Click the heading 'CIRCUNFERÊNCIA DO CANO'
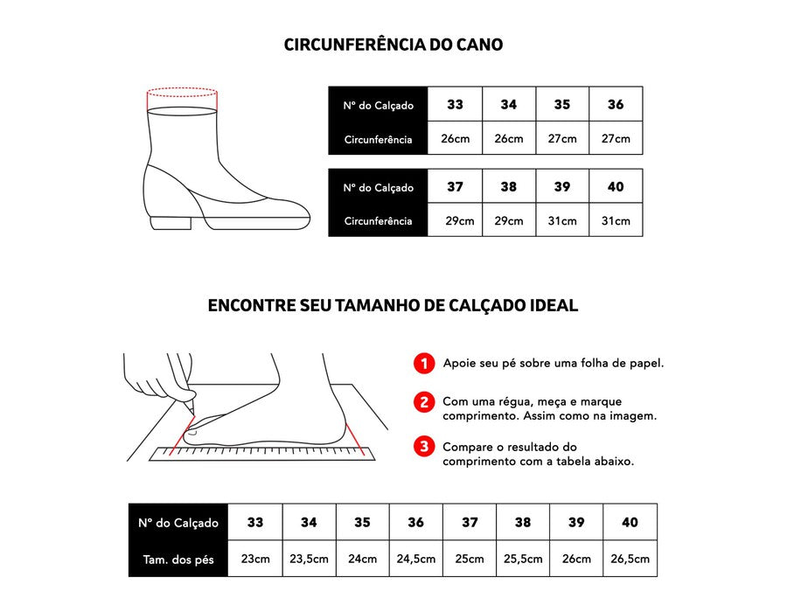click(x=393, y=45)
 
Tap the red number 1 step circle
click(x=424, y=363)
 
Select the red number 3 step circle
click(x=424, y=446)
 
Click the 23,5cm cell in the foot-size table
click(x=310, y=559)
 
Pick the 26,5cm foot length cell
click(x=630, y=559)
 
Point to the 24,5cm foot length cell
click(x=416, y=559)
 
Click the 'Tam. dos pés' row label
click(x=178, y=560)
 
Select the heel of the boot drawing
click(x=170, y=223)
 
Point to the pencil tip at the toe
click(x=192, y=414)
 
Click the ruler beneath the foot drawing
click(x=262, y=454)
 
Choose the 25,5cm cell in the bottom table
click(x=523, y=559)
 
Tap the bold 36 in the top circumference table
click(x=616, y=104)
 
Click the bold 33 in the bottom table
click(x=255, y=522)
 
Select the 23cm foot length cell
click(x=255, y=559)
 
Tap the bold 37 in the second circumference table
click(x=455, y=186)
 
